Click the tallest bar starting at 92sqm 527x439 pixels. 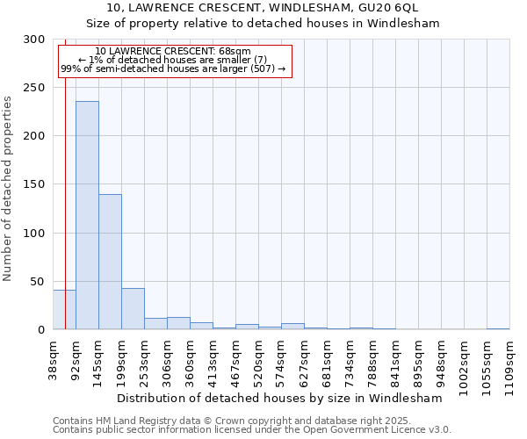point(87,215)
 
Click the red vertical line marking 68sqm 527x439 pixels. point(65,176)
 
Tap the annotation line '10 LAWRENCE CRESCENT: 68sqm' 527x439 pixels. point(173,52)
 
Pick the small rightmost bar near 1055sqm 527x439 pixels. point(498,328)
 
